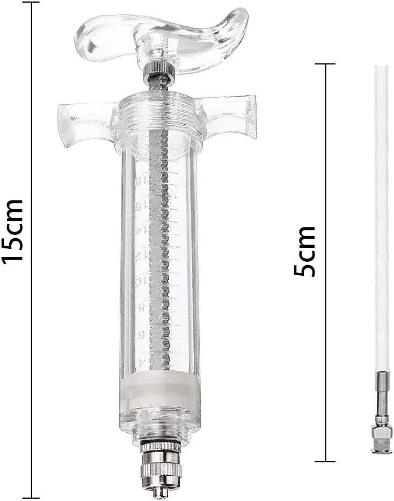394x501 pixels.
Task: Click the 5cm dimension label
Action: click(305, 251)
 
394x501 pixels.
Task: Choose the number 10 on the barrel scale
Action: click(139, 282)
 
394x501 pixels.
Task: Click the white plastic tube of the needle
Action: click(382, 215)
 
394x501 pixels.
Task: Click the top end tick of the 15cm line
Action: click(31, 3)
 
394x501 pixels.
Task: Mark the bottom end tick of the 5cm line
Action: click(325, 461)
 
